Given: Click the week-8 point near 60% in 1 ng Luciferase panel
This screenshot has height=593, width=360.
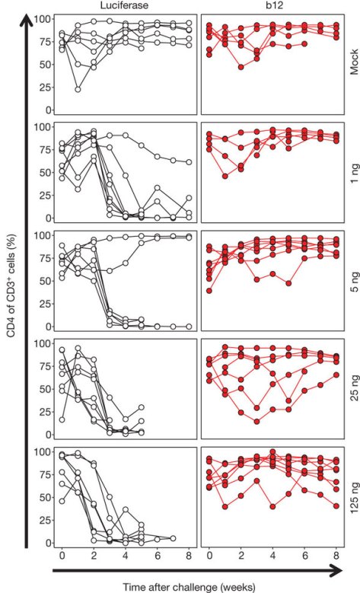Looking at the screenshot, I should [189, 162].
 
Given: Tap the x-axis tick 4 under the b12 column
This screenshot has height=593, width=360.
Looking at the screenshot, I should [272, 553].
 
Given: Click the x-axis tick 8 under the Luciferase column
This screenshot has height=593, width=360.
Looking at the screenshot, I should [189, 553].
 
